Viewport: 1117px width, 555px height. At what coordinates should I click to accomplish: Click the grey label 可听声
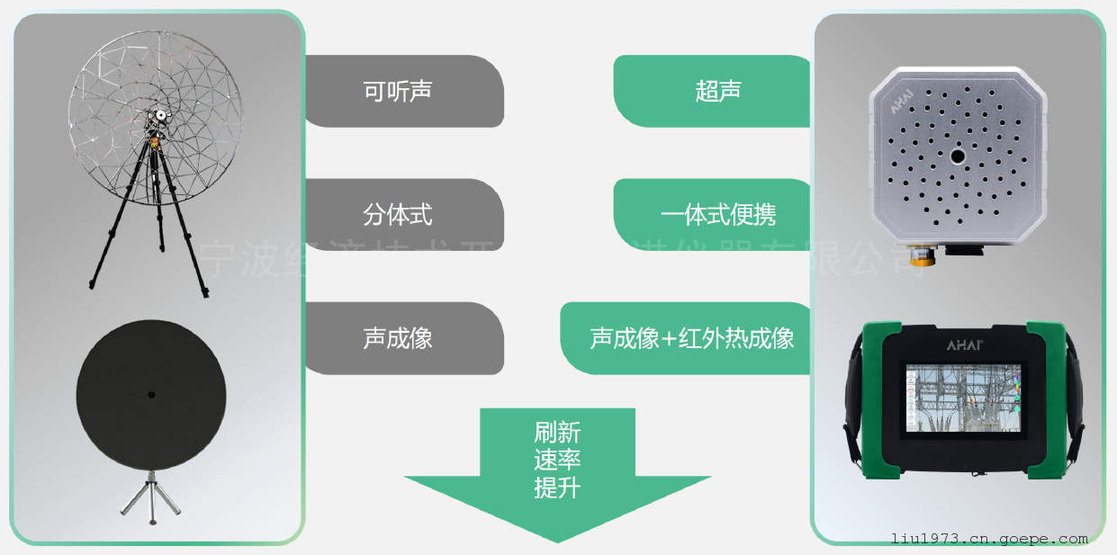click(x=397, y=91)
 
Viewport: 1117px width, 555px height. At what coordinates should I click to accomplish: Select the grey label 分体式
click(x=397, y=214)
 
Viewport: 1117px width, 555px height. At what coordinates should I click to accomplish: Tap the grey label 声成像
click(x=397, y=337)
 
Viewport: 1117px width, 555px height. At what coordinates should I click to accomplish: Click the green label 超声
click(x=718, y=91)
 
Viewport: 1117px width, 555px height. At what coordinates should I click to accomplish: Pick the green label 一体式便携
click(x=718, y=214)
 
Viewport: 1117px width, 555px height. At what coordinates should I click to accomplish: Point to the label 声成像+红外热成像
click(x=691, y=337)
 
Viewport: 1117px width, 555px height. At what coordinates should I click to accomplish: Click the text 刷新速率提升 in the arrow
click(x=557, y=460)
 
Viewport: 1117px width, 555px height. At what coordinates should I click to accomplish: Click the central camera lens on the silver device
click(x=957, y=157)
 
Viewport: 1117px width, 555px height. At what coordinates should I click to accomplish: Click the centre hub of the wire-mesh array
click(x=160, y=116)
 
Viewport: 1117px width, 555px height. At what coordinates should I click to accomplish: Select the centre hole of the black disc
click(x=151, y=394)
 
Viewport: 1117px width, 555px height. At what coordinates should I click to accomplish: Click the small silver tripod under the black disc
click(x=151, y=497)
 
